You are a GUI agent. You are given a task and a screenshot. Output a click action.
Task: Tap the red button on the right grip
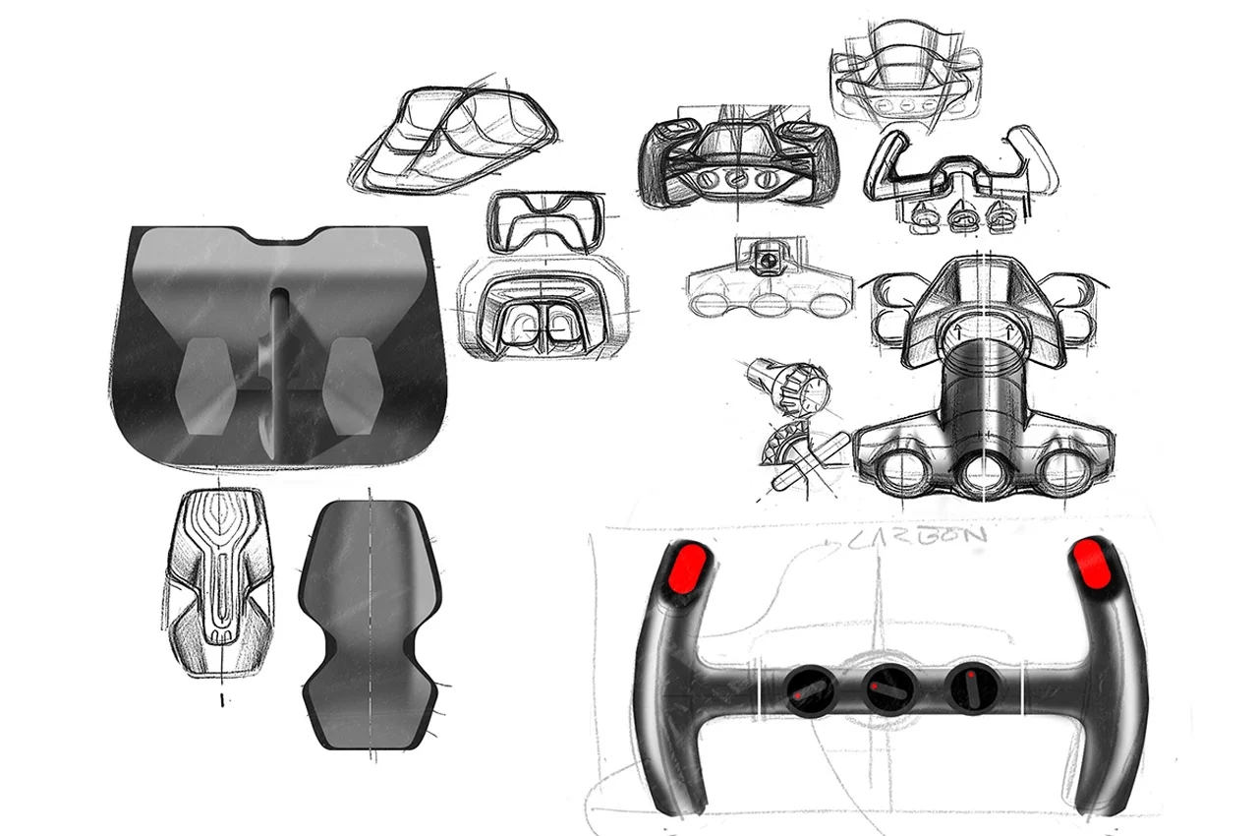tap(1093, 562)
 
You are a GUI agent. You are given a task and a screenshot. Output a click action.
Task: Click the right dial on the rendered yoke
tap(968, 686)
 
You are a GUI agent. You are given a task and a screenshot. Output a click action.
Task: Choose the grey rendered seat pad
tap(370, 623)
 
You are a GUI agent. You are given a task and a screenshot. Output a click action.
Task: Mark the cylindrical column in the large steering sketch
tap(983, 393)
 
